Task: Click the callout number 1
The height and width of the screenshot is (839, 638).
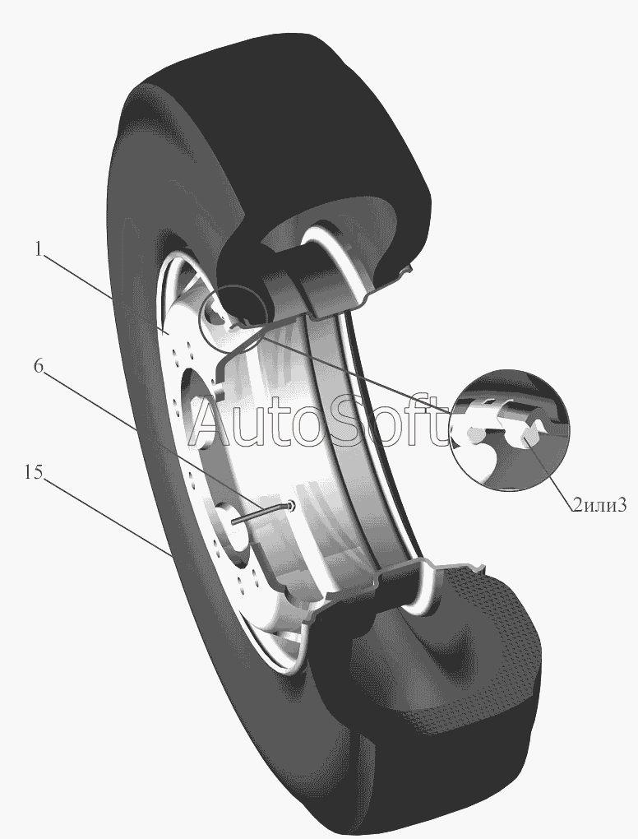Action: click(x=38, y=249)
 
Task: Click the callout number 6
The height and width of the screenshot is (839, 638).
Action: click(x=38, y=367)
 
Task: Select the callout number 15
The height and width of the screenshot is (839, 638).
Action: click(x=32, y=472)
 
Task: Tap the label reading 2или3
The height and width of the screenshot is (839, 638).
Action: click(x=599, y=504)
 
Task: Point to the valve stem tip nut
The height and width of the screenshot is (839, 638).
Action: click(x=290, y=504)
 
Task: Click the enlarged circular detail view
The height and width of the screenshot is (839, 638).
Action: click(x=510, y=429)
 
